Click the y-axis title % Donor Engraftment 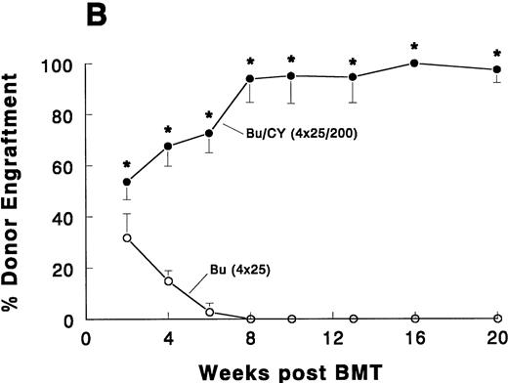point(19,191)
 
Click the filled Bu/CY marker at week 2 point(127,183)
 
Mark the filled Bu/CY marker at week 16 point(414,64)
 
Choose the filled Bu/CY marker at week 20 point(496,69)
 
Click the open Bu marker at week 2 point(127,237)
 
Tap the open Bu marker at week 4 point(168,281)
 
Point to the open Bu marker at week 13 point(353,319)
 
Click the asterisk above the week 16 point point(414,46)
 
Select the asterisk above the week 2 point point(127,165)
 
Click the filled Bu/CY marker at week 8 point(250,79)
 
